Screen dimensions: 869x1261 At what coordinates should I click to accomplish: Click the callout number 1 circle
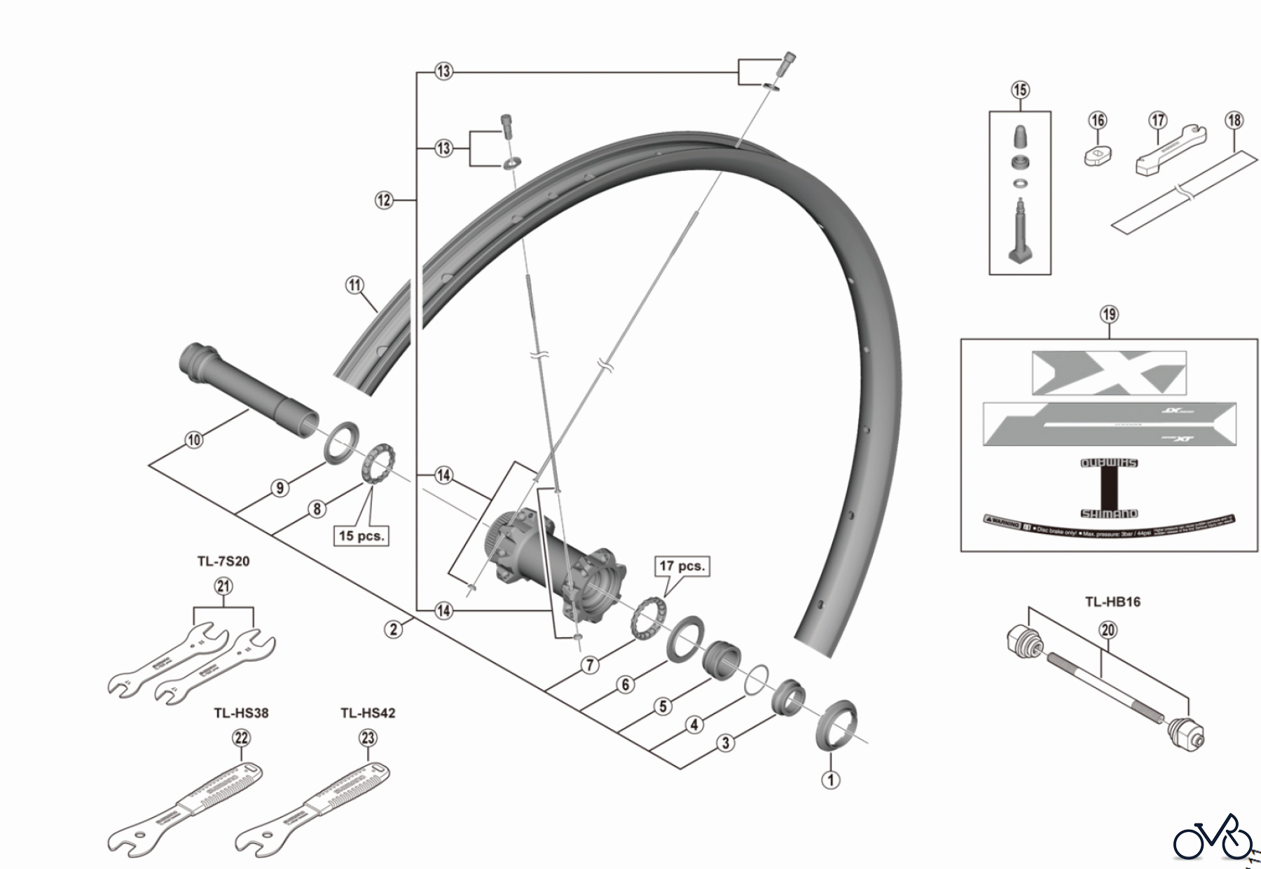pos(830,779)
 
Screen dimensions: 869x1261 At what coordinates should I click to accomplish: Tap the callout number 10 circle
pos(194,439)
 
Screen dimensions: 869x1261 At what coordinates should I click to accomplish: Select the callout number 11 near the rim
pos(355,285)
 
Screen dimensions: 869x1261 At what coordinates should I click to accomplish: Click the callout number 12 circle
pos(384,200)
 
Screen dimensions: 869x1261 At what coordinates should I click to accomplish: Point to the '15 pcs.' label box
pos(361,536)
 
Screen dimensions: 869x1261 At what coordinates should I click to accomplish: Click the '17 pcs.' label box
pos(682,566)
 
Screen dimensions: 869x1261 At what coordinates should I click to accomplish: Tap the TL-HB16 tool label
pos(1112,602)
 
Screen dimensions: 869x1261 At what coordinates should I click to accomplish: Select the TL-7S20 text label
pos(223,561)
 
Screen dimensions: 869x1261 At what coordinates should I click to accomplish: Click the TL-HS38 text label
pos(241,713)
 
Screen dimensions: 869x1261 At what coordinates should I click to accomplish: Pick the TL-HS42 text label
pos(368,713)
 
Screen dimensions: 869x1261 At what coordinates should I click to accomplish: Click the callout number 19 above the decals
pos(1109,314)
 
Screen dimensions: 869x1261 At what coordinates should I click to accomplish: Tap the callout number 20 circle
pos(1108,630)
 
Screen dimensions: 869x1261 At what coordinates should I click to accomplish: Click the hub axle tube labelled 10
pos(245,382)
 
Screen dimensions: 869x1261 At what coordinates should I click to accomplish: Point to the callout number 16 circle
pos(1098,121)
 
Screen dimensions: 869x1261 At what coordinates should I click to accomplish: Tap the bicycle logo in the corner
pos(1213,837)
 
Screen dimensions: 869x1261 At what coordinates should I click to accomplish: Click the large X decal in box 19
pos(1109,373)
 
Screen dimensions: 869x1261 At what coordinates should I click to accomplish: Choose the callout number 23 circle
pos(368,738)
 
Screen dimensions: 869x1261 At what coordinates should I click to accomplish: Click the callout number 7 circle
pos(590,664)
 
